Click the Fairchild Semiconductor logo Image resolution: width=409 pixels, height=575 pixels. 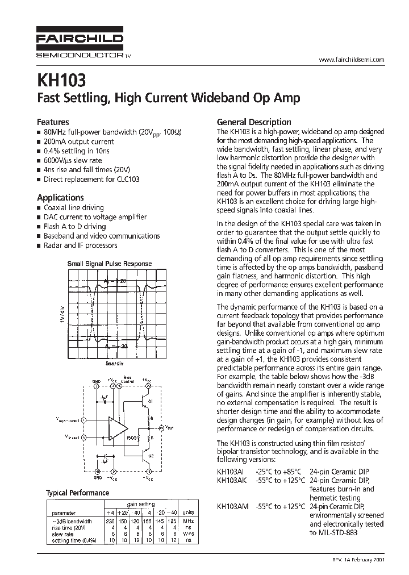click(x=80, y=43)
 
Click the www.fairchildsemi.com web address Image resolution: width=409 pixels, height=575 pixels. click(x=352, y=60)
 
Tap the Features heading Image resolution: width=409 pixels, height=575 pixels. click(x=53, y=122)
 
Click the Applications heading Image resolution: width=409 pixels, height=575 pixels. click(x=60, y=197)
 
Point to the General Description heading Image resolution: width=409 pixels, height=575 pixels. click(x=254, y=122)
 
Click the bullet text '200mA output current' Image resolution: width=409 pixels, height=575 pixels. click(x=79, y=141)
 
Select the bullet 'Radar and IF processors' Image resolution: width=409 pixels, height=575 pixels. click(x=80, y=245)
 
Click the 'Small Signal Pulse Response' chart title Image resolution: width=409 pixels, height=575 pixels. click(x=110, y=264)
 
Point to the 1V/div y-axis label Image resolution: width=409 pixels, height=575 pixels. click(x=62, y=315)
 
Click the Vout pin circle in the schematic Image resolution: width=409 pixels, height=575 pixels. click(x=161, y=427)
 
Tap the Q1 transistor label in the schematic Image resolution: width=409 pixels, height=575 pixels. click(x=151, y=401)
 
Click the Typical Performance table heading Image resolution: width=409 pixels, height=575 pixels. click(x=77, y=493)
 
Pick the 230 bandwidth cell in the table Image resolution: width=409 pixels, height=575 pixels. click(x=110, y=521)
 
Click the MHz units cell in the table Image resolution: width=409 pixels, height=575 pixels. click(x=188, y=521)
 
